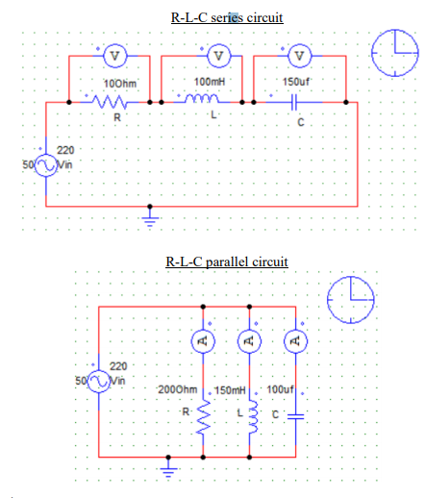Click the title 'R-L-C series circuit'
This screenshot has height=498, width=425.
[x=227, y=17]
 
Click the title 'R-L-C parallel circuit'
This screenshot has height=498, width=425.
[x=227, y=261]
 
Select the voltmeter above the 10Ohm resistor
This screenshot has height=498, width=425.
[x=115, y=56]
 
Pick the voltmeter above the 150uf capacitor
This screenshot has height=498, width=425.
[x=301, y=56]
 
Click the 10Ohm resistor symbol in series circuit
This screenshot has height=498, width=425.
[x=116, y=101]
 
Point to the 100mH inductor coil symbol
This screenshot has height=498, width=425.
[x=206, y=100]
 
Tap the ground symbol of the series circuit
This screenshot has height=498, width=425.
[x=148, y=217]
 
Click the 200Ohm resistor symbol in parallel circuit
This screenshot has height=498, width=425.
[x=203, y=416]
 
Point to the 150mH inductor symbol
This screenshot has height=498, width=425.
[x=251, y=416]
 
